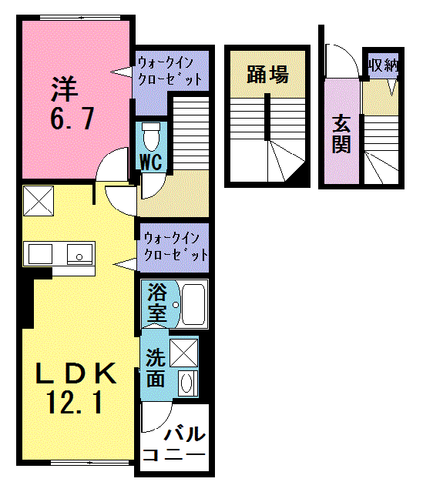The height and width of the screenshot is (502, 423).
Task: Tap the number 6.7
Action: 72,119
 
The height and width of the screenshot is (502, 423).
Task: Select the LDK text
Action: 78,373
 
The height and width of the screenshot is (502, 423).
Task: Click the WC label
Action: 151,162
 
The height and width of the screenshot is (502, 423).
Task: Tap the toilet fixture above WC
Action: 152,136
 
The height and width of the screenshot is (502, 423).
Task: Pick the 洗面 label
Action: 155,368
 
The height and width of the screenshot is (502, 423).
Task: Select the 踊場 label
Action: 267,75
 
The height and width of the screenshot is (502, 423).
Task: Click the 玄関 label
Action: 341,133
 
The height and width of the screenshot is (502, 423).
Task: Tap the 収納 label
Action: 383,65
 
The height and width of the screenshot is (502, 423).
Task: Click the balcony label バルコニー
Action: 175,446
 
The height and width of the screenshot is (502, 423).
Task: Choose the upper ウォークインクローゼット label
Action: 170,70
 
